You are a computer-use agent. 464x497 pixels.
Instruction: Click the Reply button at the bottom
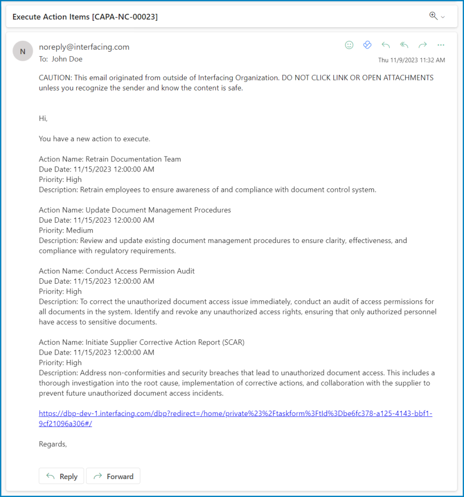(62, 476)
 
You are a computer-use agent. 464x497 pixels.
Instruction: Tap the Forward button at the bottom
(113, 476)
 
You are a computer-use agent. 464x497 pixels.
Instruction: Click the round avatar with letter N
(22, 51)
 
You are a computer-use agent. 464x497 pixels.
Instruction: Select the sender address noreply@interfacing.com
(84, 47)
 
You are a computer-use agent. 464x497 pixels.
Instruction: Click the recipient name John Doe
(67, 59)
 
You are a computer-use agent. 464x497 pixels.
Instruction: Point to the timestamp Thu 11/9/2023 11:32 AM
(411, 60)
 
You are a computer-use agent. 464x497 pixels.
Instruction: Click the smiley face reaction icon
(349, 45)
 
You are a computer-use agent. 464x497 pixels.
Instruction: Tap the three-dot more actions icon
(441, 45)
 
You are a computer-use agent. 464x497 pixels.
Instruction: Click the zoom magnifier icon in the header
(433, 16)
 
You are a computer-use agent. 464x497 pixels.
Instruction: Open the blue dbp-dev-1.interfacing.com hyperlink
(235, 414)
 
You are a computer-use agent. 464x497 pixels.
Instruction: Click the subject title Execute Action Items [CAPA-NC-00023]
(85, 17)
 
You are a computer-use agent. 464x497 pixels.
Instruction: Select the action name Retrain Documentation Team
(133, 159)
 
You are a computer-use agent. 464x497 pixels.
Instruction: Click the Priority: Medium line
(66, 230)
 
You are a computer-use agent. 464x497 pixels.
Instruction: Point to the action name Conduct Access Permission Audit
(140, 271)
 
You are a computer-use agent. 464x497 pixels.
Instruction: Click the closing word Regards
(52, 444)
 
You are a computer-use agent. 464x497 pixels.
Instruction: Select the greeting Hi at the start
(43, 118)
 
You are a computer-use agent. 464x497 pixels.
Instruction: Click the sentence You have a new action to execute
(95, 139)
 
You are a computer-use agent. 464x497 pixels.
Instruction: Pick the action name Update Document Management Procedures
(158, 210)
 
